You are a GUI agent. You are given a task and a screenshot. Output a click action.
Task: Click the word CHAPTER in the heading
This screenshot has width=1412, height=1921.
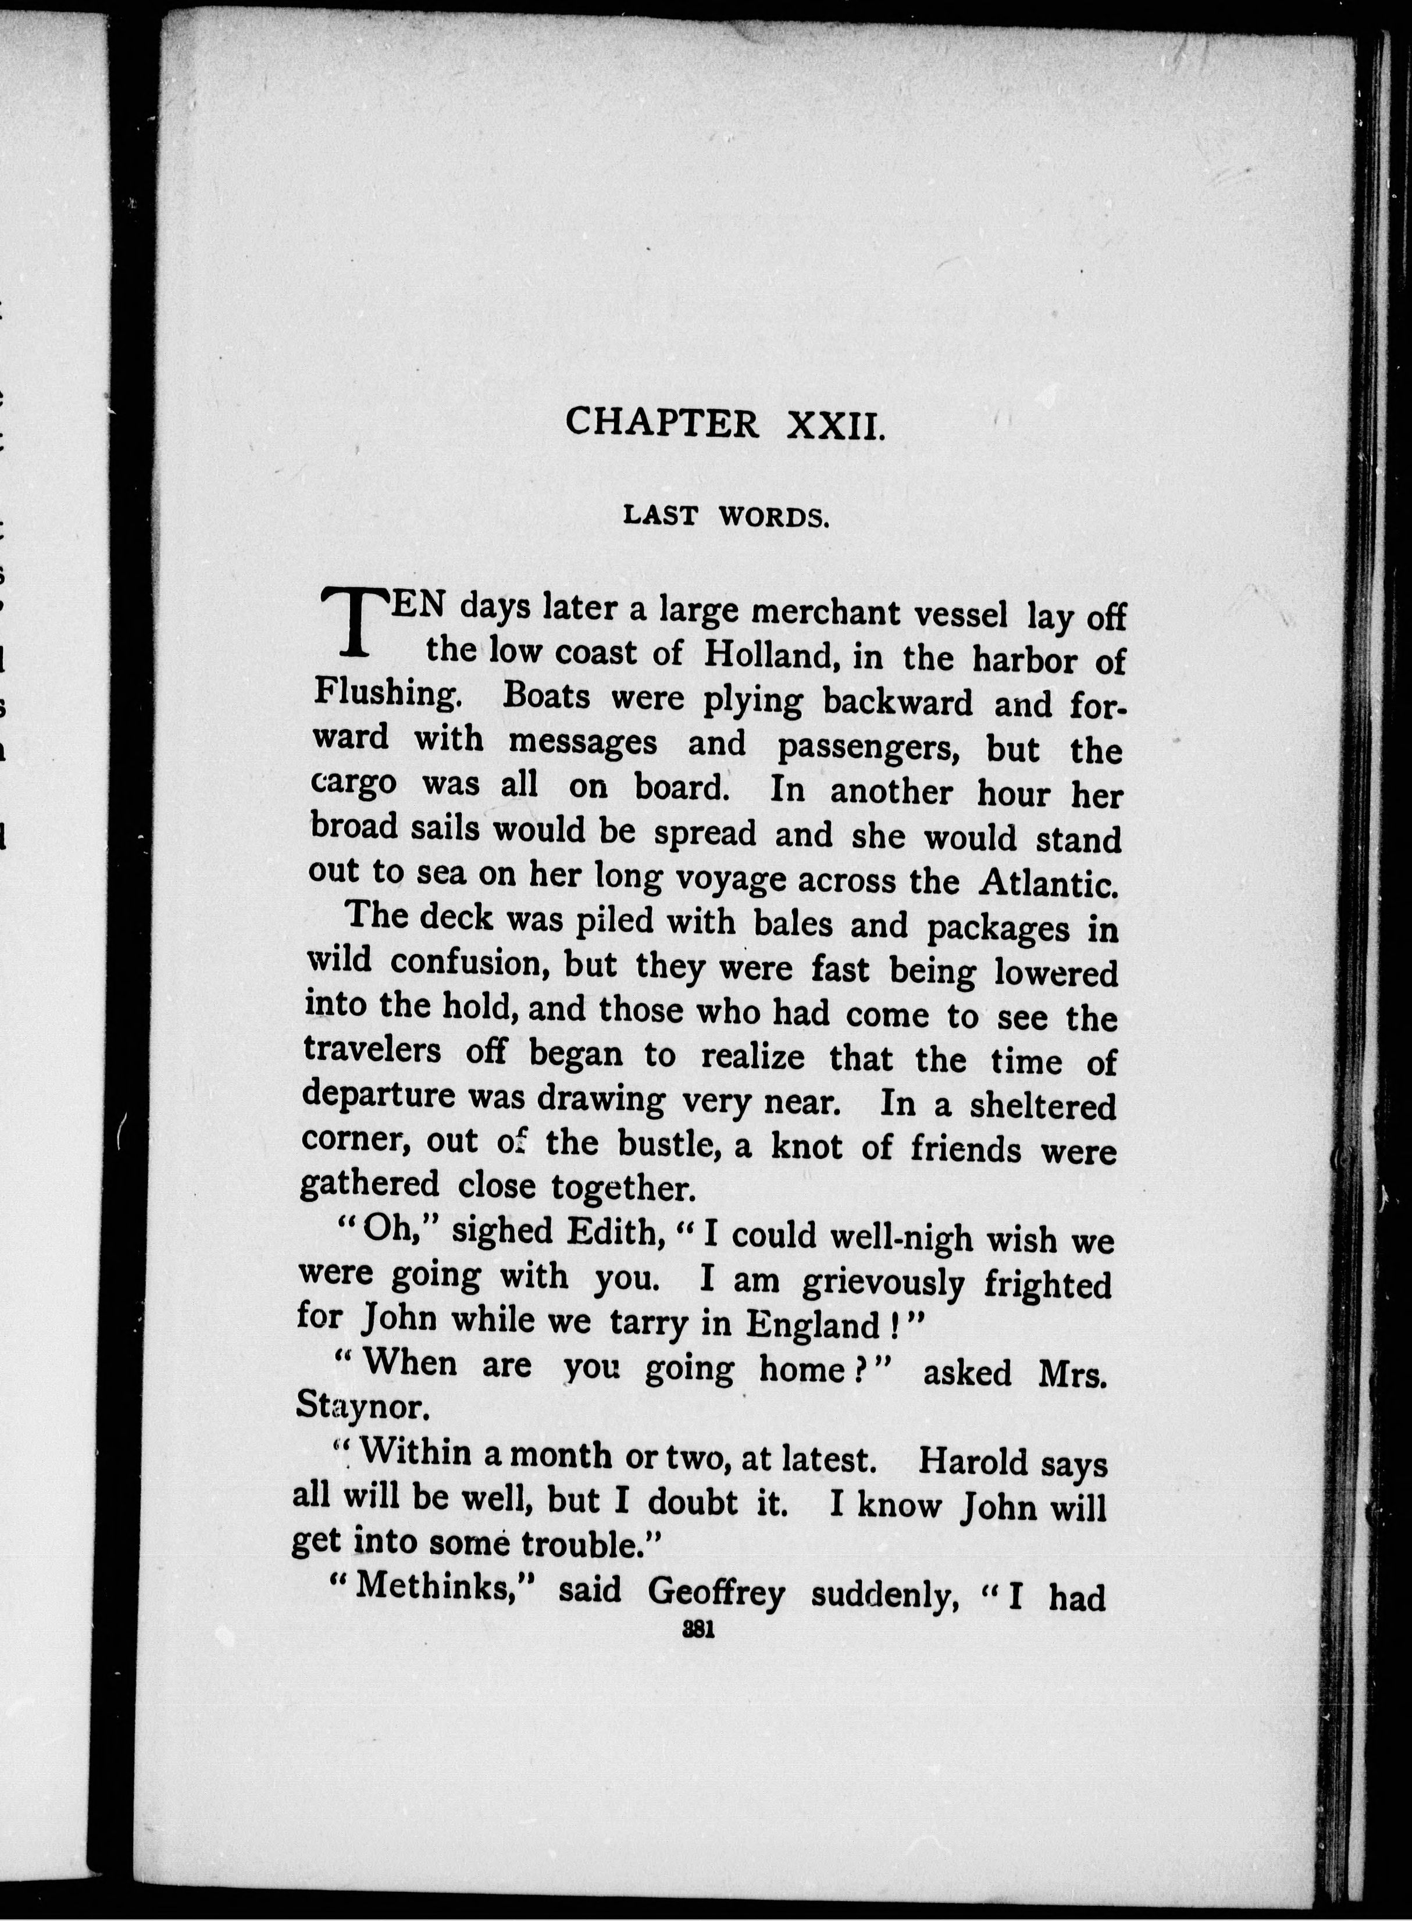pos(662,422)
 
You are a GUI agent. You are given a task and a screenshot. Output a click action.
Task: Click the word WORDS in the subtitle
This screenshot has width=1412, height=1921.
pos(773,517)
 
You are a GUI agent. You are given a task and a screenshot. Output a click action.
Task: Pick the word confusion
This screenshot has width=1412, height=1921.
pos(466,963)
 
